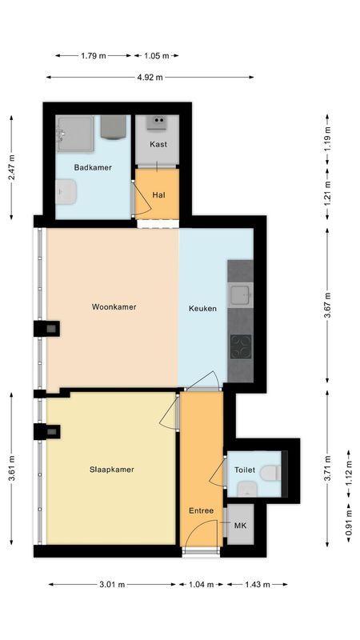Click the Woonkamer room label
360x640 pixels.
(114, 306)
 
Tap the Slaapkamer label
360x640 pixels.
(111, 470)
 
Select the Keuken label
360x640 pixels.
(202, 308)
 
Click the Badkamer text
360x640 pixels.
(93, 167)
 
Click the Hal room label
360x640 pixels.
(158, 194)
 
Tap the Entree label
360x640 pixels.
(201, 510)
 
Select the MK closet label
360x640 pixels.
(240, 526)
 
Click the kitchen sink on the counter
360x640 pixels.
(240, 296)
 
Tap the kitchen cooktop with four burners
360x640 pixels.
(240, 346)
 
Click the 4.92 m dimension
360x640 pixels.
(150, 78)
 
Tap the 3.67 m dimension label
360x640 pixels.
(327, 305)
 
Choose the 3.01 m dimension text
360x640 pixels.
(112, 585)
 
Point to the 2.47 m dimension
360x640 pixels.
(11, 166)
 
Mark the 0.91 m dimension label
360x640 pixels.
(349, 524)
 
